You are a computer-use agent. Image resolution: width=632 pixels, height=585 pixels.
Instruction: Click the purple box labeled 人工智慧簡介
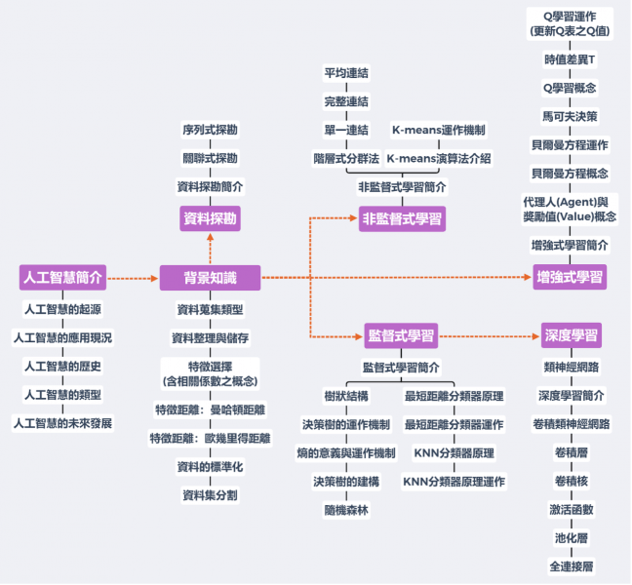(x=62, y=277)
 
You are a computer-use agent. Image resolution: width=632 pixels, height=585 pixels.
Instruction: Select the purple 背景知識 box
(x=210, y=278)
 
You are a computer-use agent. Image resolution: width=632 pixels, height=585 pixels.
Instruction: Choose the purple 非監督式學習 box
(x=402, y=218)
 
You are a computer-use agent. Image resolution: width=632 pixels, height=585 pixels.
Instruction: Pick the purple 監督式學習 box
(x=401, y=337)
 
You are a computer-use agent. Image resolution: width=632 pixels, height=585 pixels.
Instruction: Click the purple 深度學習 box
(x=571, y=337)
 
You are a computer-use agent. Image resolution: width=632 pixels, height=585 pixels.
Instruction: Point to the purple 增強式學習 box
(x=571, y=278)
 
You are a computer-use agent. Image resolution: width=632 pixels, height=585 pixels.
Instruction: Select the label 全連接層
(x=572, y=565)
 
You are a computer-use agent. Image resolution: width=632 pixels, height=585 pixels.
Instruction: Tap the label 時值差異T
(x=571, y=59)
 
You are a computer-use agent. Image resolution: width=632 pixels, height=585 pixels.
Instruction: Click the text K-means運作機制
(x=439, y=130)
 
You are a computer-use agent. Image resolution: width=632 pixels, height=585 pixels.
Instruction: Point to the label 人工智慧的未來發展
(x=62, y=423)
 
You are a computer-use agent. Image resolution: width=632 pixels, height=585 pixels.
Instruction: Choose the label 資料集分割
(x=210, y=495)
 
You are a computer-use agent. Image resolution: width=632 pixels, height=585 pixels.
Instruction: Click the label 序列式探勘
(x=210, y=129)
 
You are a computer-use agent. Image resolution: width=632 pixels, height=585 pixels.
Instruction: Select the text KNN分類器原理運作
(x=454, y=482)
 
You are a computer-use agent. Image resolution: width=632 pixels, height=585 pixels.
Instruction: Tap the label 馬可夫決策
(x=571, y=116)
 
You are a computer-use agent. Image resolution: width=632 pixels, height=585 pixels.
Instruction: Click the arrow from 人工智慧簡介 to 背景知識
(x=133, y=278)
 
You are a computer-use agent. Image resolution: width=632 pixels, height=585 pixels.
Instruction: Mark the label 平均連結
(x=346, y=73)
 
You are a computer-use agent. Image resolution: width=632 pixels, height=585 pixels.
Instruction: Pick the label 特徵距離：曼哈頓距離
(x=210, y=409)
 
